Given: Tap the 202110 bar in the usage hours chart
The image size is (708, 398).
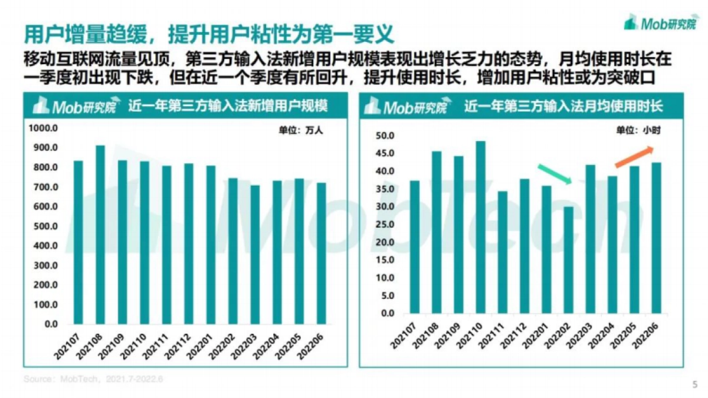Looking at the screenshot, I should coord(480,227).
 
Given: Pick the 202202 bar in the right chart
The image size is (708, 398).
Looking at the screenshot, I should coord(568,259).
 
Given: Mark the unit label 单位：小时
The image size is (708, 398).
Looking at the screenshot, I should coord(638,131).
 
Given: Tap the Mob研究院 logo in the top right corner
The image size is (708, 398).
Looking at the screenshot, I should coord(659,24).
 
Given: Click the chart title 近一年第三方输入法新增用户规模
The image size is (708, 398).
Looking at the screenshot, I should coord(228,107).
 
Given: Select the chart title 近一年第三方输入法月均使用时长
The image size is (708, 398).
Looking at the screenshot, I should coord(563,107).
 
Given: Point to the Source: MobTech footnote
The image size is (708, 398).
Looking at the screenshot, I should coord(93,379).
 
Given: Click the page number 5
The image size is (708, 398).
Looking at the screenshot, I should coord(694,384).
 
